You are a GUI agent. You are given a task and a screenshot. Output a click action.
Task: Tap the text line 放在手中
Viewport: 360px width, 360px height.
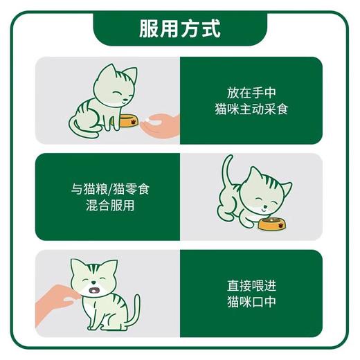coord(251,91)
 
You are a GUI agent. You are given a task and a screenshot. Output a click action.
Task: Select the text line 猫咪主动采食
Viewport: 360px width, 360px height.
coord(251,109)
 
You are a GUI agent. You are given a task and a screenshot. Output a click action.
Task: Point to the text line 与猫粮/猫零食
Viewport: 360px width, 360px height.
coord(108,188)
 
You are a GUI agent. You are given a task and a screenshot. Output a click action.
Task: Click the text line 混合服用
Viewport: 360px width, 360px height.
coord(108,206)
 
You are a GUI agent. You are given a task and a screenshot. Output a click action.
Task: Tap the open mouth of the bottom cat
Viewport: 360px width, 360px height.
coord(95,287)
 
